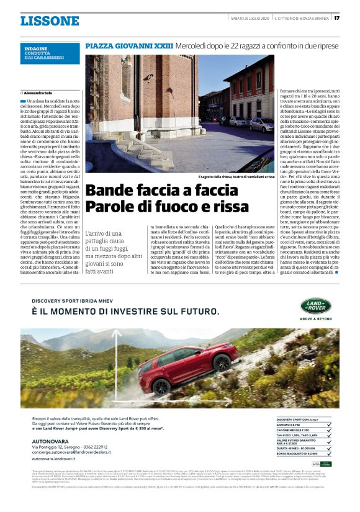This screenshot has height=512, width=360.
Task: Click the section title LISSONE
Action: pos(50,20)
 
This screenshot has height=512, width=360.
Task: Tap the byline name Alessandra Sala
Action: pos(39,92)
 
